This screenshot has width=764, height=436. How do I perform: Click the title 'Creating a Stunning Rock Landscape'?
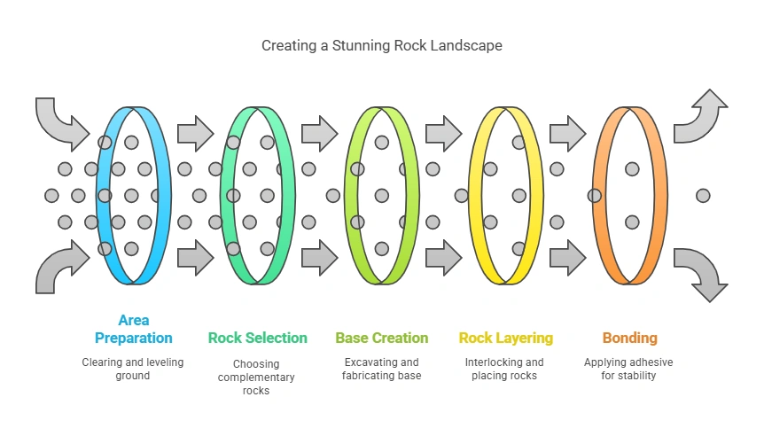[381, 45]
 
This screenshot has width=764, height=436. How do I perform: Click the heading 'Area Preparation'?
[133, 329]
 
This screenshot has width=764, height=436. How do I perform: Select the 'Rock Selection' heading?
[257, 338]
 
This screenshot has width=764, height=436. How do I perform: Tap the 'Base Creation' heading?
[381, 338]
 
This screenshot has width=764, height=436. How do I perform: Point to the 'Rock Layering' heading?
[505, 338]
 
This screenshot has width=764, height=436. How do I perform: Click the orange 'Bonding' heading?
[629, 338]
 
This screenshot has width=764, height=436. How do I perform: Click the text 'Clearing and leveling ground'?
[133, 369]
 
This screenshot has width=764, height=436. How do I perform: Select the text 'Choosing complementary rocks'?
[257, 377]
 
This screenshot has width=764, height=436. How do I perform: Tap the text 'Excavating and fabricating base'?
[381, 369]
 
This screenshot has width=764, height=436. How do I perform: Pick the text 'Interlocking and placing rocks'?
[505, 369]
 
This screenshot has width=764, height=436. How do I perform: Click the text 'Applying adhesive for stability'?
[629, 369]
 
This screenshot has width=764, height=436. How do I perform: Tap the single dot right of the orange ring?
[703, 195]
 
